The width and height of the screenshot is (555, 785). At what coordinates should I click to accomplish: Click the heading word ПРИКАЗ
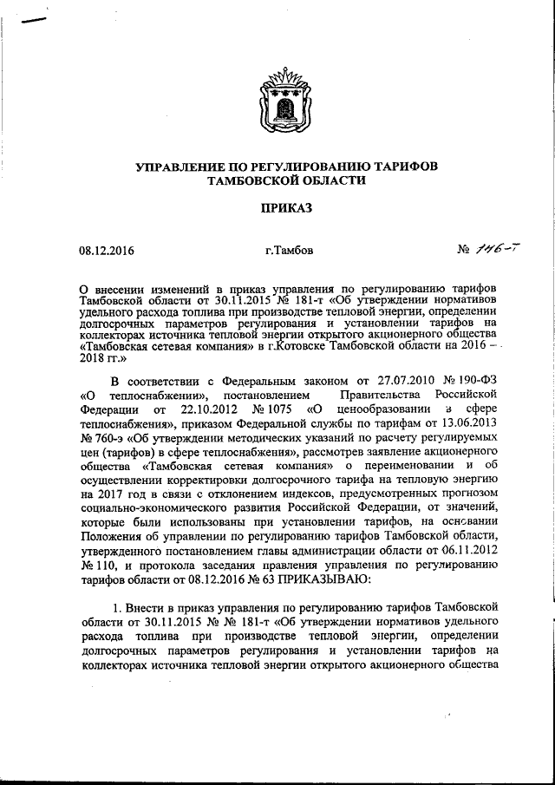277,208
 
